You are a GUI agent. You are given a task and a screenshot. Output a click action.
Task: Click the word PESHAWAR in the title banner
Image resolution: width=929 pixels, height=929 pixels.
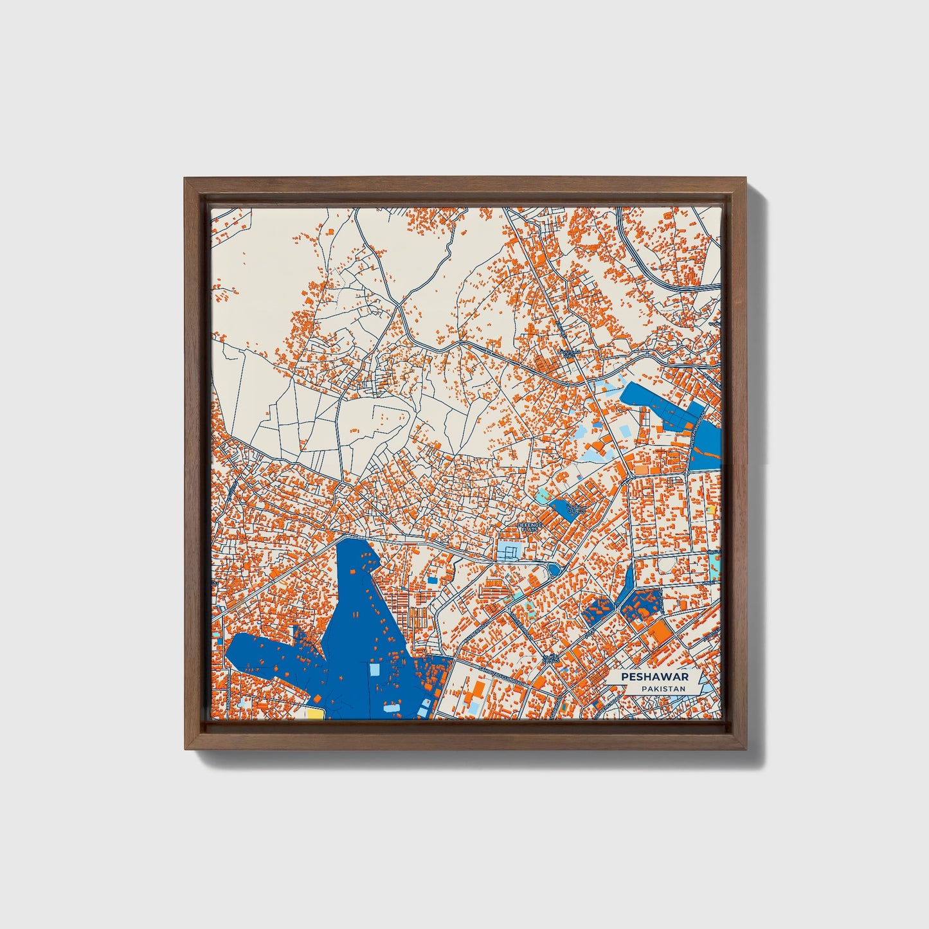654,677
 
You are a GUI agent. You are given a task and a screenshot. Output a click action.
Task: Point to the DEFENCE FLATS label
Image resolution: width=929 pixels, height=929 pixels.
530,527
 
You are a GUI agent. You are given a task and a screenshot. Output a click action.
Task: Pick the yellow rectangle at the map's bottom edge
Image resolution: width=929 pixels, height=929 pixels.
315,713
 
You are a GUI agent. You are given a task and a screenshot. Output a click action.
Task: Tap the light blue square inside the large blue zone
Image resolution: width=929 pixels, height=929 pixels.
374,670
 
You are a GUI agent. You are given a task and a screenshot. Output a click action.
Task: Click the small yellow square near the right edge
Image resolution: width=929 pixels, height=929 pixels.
710,510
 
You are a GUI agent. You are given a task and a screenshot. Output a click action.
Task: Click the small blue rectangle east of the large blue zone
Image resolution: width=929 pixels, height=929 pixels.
432,580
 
